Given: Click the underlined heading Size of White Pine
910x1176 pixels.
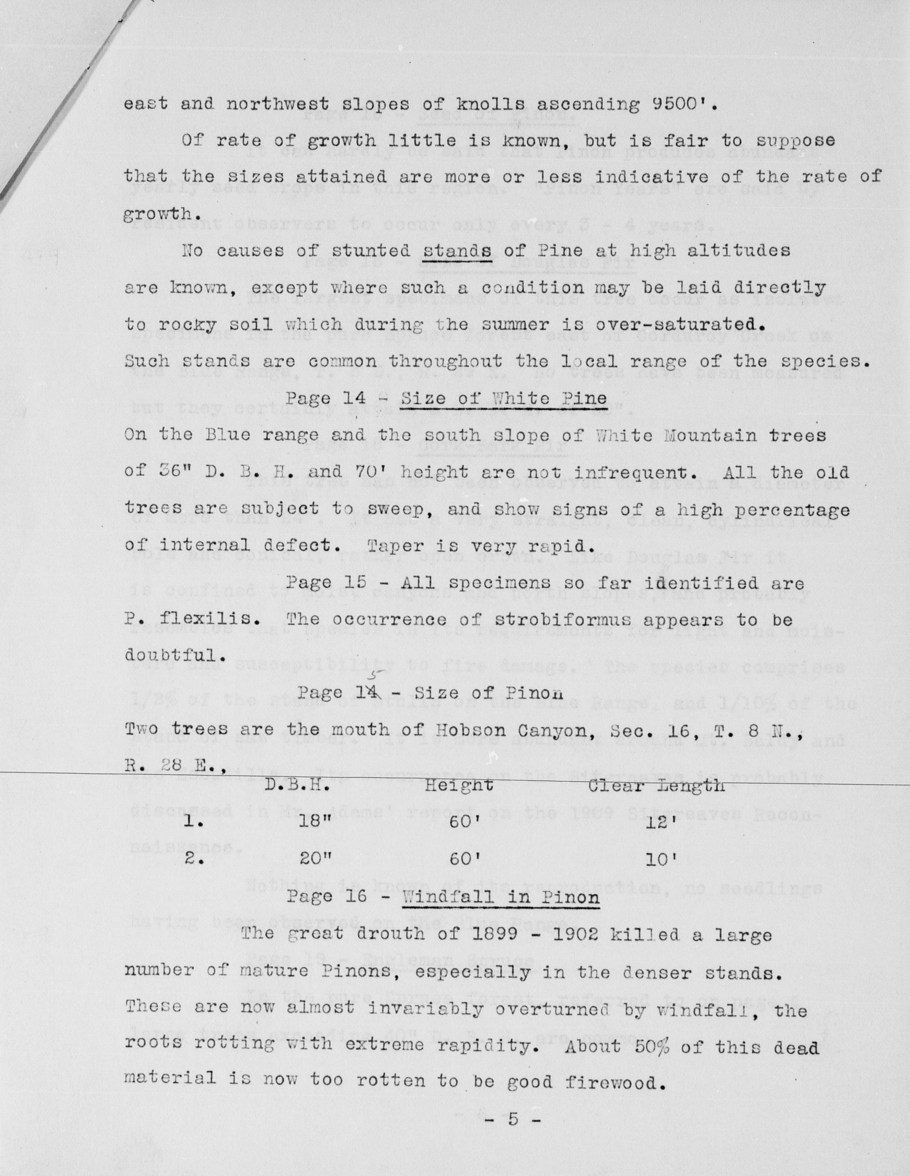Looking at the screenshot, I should click(x=504, y=399).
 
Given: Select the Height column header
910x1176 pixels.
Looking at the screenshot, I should click(x=459, y=785).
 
